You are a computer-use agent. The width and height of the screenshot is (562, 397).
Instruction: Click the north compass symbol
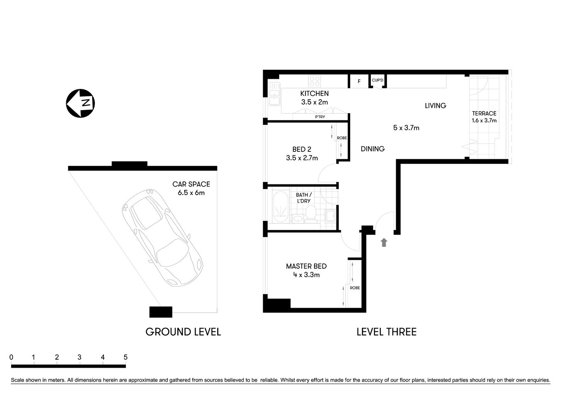80,103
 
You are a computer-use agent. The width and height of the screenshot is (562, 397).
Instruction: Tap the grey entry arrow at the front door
384,242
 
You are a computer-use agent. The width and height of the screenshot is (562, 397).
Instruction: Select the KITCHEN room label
315,94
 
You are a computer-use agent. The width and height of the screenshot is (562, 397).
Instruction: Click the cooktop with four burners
315,81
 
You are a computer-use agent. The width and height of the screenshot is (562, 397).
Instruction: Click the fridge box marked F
359,81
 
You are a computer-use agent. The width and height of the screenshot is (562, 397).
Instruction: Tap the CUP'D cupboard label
377,80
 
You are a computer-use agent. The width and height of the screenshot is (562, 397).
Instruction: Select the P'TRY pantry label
320,117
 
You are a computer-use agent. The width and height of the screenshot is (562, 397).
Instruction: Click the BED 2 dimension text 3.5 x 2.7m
302,158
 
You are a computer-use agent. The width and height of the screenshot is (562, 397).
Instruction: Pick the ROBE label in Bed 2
342,138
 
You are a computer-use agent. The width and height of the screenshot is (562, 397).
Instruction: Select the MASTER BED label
306,266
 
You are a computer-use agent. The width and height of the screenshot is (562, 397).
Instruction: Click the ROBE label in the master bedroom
355,288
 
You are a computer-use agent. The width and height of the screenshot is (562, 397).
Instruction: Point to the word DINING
372,149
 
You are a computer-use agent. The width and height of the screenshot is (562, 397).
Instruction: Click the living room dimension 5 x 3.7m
406,128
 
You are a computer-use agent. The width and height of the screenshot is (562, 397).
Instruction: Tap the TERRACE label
484,113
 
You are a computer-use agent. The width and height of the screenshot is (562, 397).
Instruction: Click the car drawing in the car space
162,237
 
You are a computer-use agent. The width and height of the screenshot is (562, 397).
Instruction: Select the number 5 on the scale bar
125,357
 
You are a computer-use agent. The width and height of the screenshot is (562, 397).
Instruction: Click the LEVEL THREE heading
386,332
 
